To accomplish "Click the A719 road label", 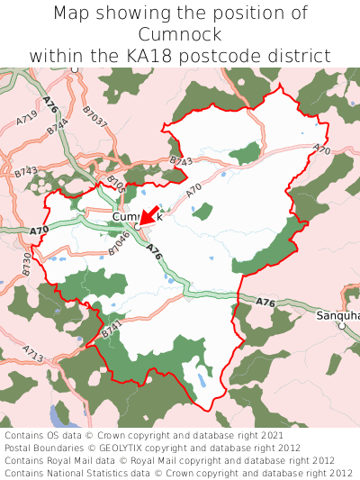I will (x=27, y=118).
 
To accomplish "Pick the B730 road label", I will (x=27, y=263).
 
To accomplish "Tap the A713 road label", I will (x=33, y=353).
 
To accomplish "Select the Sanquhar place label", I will (x=338, y=316).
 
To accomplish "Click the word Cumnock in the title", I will (x=180, y=34).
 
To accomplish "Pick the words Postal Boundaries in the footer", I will (x=42, y=448).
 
